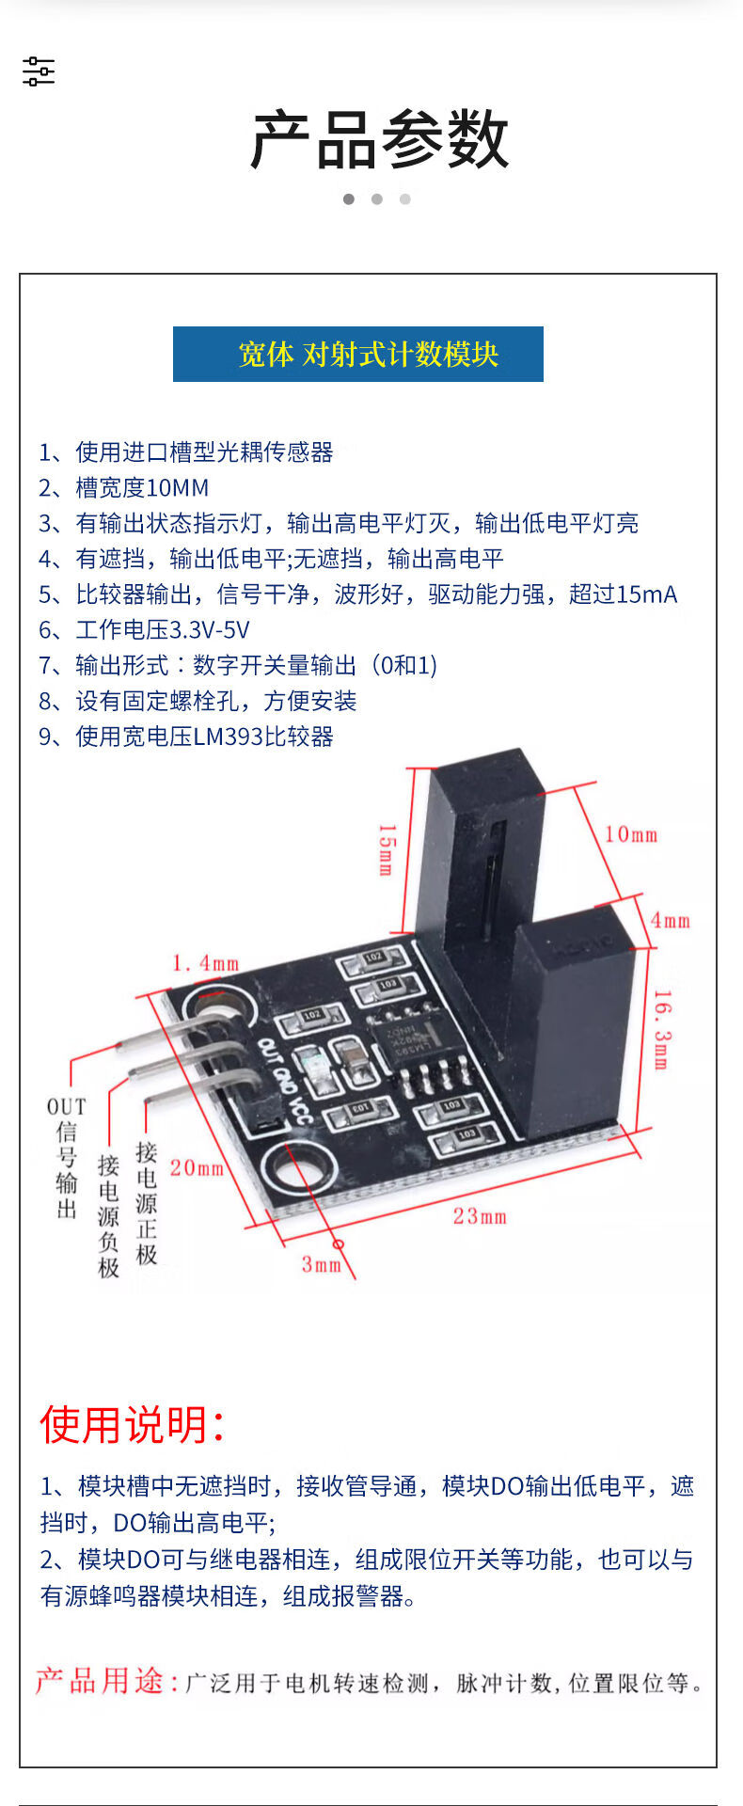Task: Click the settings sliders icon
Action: pos(39,71)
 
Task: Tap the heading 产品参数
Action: pos(380,140)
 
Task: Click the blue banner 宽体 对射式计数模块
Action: pos(358,354)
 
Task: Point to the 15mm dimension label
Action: pos(386,849)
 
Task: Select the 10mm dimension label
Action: pos(630,834)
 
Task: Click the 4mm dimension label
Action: pos(670,920)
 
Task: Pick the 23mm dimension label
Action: pos(480,1216)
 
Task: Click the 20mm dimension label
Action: pos(197,1167)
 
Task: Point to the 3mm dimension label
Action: pos(321,1264)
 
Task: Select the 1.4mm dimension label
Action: pos(205,963)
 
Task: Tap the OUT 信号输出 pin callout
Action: pos(66,1158)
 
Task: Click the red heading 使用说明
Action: pos(132,1424)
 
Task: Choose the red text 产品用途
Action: pos(106,1681)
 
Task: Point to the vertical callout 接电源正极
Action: pos(147,1203)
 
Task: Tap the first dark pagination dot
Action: pos(349,199)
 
